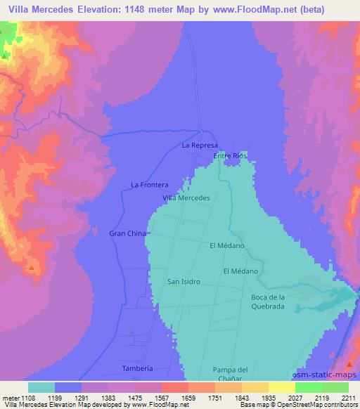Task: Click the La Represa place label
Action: pos(196,145)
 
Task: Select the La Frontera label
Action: pos(150,185)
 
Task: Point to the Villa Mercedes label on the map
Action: pos(186,198)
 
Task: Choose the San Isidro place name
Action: pos(184,282)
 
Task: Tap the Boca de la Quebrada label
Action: pos(267,301)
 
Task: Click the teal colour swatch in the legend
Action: pos(41,387)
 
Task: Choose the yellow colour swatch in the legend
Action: pos(281,387)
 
